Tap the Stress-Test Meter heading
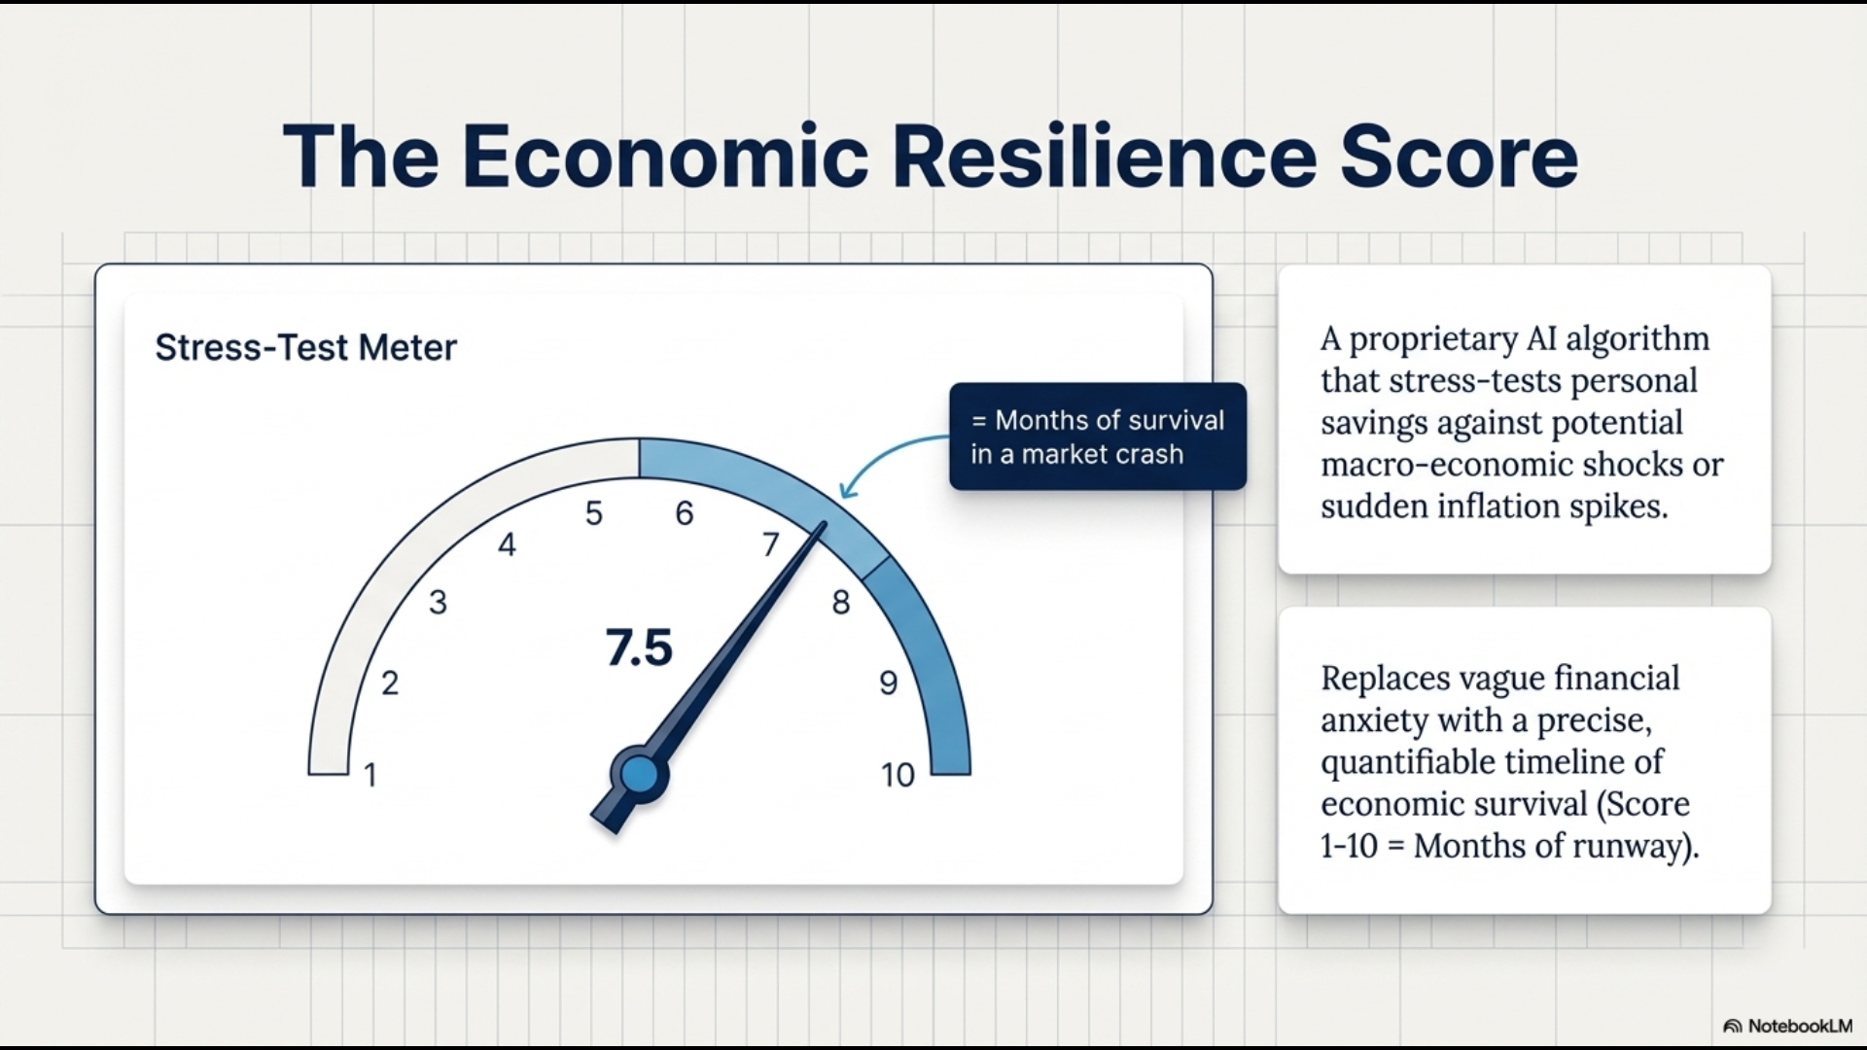[305, 347]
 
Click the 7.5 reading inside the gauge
[639, 647]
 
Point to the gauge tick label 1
[370, 775]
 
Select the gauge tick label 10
[898, 775]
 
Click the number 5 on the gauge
[593, 513]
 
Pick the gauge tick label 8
[841, 603]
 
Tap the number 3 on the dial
[438, 603]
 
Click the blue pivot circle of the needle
[639, 775]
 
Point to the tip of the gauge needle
[825, 524]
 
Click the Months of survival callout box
[1098, 437]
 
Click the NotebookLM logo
[1787, 1026]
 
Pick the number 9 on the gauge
[888, 683]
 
